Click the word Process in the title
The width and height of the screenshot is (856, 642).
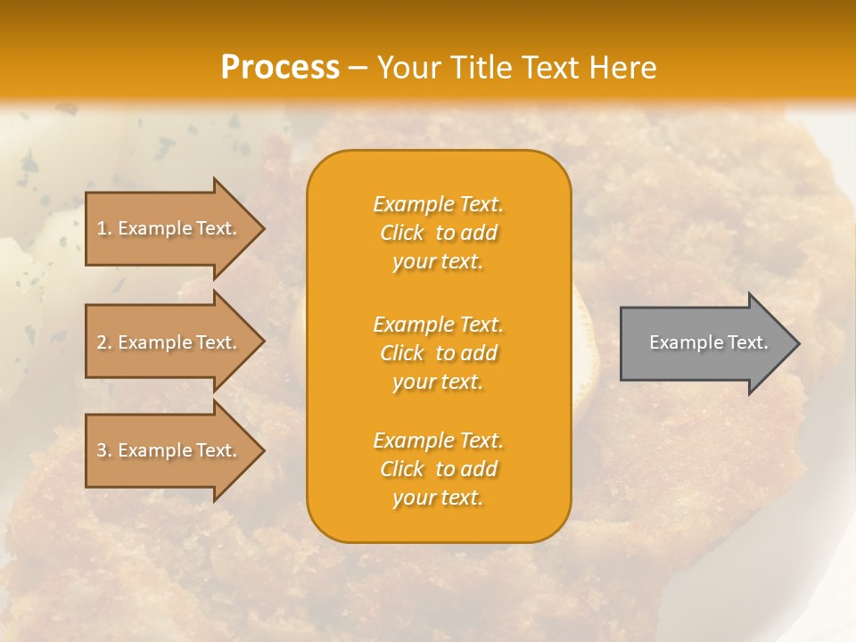coord(280,68)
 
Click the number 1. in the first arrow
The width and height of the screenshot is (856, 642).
coord(104,228)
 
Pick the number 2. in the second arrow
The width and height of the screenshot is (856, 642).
coord(104,342)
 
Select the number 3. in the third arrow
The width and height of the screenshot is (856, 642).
coord(104,450)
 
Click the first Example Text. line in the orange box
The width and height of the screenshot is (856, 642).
coord(438,204)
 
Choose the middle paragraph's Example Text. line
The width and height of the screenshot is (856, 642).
coord(438,325)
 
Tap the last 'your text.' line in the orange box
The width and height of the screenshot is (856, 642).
coord(438,498)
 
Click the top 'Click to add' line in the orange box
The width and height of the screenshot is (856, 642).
coord(438,233)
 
